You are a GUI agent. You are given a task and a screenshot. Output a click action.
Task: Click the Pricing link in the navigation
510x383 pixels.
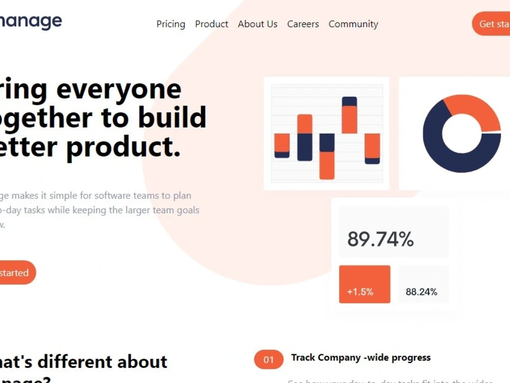[x=170, y=24]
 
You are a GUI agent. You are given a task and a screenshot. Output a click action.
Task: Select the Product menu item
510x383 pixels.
[x=212, y=24]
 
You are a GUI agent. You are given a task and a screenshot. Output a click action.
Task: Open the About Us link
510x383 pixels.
[x=258, y=24]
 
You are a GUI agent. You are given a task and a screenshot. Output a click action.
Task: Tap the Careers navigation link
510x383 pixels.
[x=303, y=24]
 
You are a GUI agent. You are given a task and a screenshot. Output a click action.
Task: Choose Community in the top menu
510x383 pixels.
[x=353, y=24]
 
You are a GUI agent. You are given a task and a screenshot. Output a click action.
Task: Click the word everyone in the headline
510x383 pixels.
[x=119, y=89]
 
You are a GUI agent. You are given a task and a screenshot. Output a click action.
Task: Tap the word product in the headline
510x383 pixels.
[x=124, y=147]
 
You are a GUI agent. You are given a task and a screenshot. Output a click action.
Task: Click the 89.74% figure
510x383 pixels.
[x=380, y=239]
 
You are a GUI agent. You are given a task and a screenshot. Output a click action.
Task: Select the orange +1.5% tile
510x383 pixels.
[x=364, y=284]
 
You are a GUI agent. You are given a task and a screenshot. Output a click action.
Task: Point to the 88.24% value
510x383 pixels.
[x=421, y=292]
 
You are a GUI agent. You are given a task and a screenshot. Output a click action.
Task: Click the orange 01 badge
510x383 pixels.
[x=269, y=360]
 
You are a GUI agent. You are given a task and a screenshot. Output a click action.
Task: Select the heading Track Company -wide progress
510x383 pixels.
[x=361, y=357]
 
